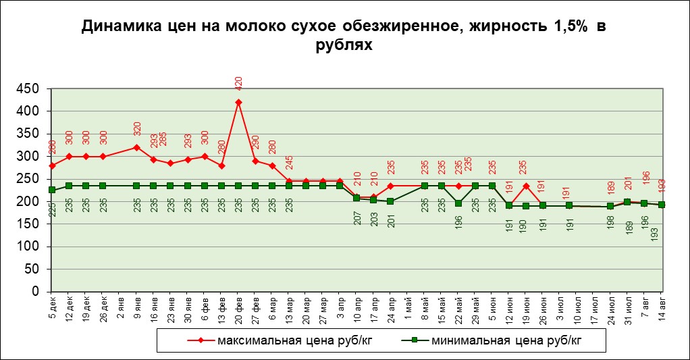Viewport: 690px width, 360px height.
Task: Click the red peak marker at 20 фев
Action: click(x=238, y=102)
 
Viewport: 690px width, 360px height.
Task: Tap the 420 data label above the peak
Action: click(x=238, y=83)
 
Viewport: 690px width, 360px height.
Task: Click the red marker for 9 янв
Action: click(x=136, y=147)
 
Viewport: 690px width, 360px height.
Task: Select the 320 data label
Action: click(x=137, y=128)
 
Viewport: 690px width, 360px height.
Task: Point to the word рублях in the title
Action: click(x=344, y=45)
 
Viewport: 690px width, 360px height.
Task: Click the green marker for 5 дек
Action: click(x=52, y=190)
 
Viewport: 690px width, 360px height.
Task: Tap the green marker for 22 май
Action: click(x=458, y=203)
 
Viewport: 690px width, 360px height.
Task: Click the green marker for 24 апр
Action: click(x=391, y=201)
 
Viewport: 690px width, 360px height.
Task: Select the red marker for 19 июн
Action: click(x=526, y=186)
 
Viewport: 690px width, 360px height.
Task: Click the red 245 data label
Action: click(x=290, y=163)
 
